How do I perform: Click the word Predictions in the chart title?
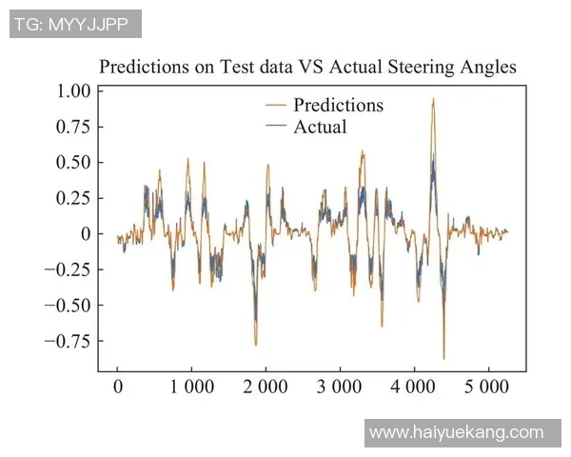tap(144, 68)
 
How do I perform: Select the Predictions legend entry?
tap(338, 105)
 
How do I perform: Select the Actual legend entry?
tap(320, 127)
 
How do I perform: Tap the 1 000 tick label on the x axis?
tap(191, 387)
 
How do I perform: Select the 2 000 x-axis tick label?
tap(266, 387)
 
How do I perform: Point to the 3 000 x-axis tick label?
tap(340, 387)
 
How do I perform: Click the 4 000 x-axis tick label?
tap(414, 387)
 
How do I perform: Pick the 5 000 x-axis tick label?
tap(488, 387)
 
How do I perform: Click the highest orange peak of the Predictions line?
tap(433, 98)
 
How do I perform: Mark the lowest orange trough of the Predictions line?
tap(443, 358)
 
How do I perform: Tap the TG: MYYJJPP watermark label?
tap(75, 24)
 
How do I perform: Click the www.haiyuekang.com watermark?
tap(456, 432)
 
